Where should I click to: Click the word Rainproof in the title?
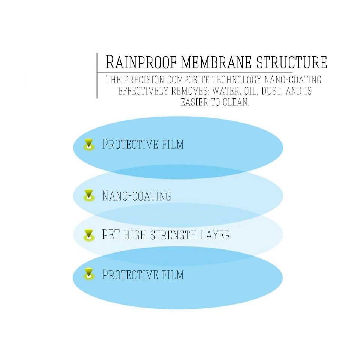click(141, 62)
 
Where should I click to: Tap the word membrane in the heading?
click(216, 62)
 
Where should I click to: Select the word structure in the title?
click(292, 62)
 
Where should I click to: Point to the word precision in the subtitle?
click(144, 79)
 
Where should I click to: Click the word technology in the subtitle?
click(237, 79)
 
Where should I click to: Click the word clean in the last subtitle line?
click(236, 102)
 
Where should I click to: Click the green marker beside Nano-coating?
click(89, 196)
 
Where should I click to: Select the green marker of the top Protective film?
click(89, 145)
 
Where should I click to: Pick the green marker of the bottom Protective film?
click(89, 274)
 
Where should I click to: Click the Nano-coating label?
click(136, 196)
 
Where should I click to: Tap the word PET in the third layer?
click(111, 234)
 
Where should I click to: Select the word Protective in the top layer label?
click(130, 144)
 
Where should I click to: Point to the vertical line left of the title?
click(97, 76)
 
